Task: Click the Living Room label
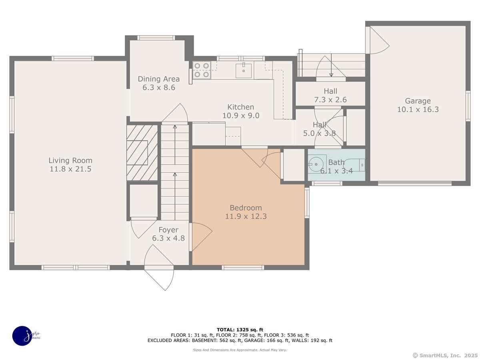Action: pyautogui.click(x=70, y=160)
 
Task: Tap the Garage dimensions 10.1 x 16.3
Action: pyautogui.click(x=418, y=109)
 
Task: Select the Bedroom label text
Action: pyautogui.click(x=246, y=208)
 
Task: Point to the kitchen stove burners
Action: pyautogui.click(x=202, y=70)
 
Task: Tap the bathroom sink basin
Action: pyautogui.click(x=316, y=164)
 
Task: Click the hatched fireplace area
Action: pyautogui.click(x=142, y=153)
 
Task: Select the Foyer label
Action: pyautogui.click(x=168, y=230)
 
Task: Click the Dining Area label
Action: pyautogui.click(x=159, y=79)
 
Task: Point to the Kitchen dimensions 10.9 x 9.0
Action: pyautogui.click(x=241, y=116)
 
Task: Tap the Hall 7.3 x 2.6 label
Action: pyautogui.click(x=330, y=95)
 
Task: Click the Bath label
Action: pyautogui.click(x=336, y=162)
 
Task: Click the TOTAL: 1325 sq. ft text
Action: pyautogui.click(x=240, y=330)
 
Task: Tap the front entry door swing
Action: pyautogui.click(x=159, y=268)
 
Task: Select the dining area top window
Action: pyautogui.click(x=156, y=38)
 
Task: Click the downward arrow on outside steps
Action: pyautogui.click(x=331, y=65)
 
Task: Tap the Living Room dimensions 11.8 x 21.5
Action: pyautogui.click(x=70, y=169)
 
